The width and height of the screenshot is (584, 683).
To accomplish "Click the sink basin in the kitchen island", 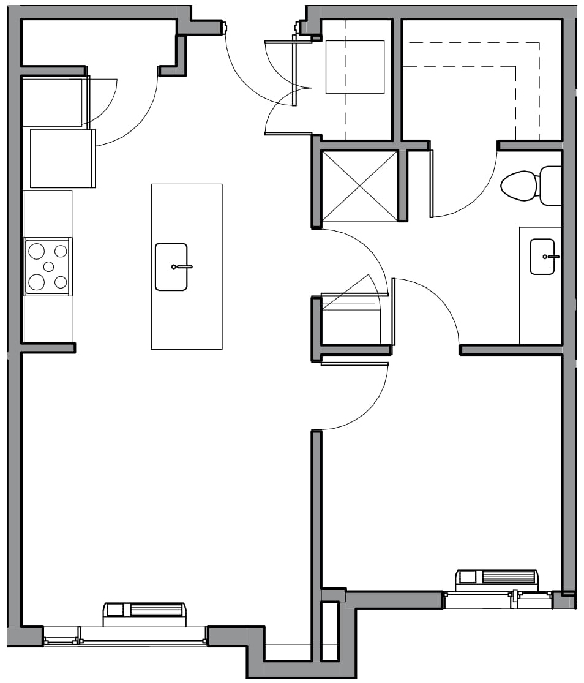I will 171,266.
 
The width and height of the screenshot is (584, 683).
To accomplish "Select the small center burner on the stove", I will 48,266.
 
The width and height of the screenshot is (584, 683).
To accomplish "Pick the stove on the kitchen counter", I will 47,266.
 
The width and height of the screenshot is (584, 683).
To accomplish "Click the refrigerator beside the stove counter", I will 62,158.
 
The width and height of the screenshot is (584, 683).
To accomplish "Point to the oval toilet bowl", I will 518,185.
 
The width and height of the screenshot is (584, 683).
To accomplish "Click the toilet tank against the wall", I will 550,185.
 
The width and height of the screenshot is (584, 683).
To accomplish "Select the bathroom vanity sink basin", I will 542,257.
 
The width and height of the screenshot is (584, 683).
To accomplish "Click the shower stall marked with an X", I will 359,186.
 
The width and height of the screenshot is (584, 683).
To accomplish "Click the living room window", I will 125,636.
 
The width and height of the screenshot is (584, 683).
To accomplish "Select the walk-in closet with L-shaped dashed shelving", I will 482,80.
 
